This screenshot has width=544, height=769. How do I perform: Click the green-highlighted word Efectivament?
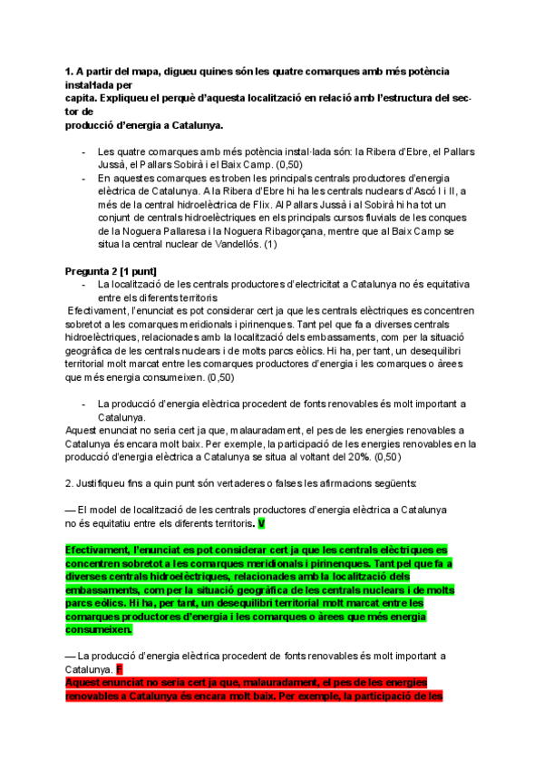coord(97,550)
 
